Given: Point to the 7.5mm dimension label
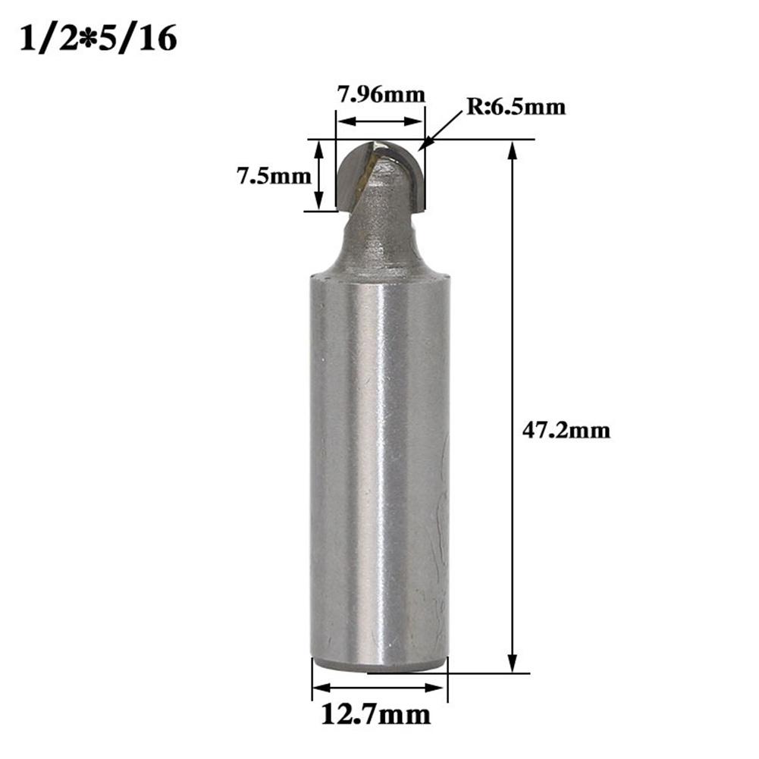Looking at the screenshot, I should pyautogui.click(x=274, y=177).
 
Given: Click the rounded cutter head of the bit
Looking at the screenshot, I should pyautogui.click(x=379, y=176).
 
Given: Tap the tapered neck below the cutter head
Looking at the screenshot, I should pyautogui.click(x=379, y=243).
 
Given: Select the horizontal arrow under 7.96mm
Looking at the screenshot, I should pyautogui.click(x=379, y=121).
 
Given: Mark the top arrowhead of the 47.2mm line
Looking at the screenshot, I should pyautogui.click(x=513, y=147).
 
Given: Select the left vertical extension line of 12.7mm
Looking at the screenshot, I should pyautogui.click(x=312, y=679).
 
